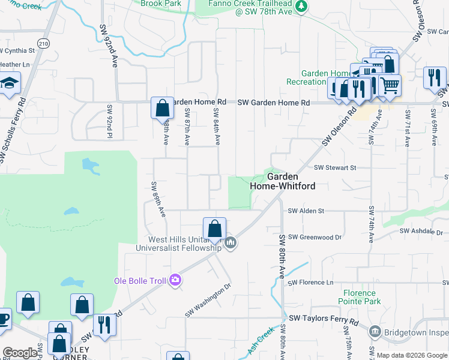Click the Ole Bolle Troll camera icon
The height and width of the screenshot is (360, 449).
click(175, 280)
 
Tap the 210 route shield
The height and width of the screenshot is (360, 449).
click(43, 43)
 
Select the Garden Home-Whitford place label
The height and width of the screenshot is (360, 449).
click(282, 181)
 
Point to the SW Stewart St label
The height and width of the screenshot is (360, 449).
click(335, 168)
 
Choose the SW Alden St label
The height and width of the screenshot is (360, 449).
click(306, 211)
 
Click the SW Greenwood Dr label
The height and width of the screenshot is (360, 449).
click(315, 238)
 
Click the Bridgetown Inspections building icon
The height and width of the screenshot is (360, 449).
click(375, 331)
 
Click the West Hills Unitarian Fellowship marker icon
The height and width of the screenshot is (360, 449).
click(231, 243)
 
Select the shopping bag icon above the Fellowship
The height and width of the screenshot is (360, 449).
click(214, 228)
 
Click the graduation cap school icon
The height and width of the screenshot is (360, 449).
click(10, 83)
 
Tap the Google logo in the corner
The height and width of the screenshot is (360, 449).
click(20, 353)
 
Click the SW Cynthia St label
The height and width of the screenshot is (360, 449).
click(17, 51)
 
